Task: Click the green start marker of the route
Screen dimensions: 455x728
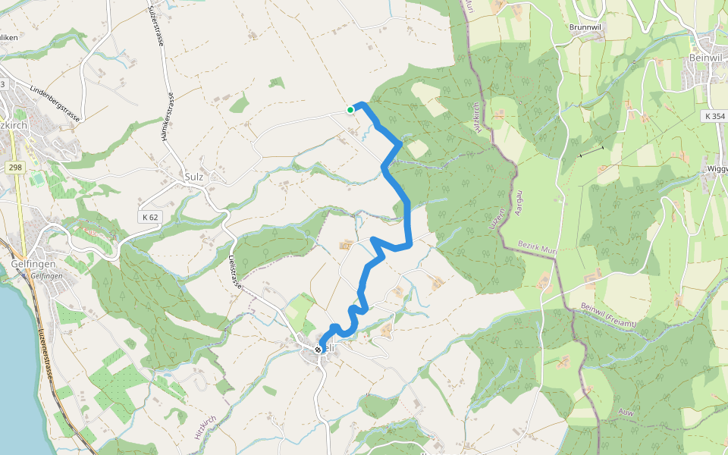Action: point(350,110)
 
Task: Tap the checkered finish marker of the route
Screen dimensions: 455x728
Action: point(318,349)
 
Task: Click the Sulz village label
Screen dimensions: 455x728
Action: point(195,177)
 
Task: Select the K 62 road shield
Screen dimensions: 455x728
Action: point(149,218)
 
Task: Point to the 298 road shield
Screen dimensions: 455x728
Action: point(14,167)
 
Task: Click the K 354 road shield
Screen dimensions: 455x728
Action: point(714,116)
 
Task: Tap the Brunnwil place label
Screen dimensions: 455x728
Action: point(586,27)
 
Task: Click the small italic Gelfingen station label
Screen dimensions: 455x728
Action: point(46,276)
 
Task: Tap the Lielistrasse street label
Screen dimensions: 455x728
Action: point(234,271)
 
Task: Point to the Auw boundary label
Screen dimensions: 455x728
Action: point(626,412)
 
